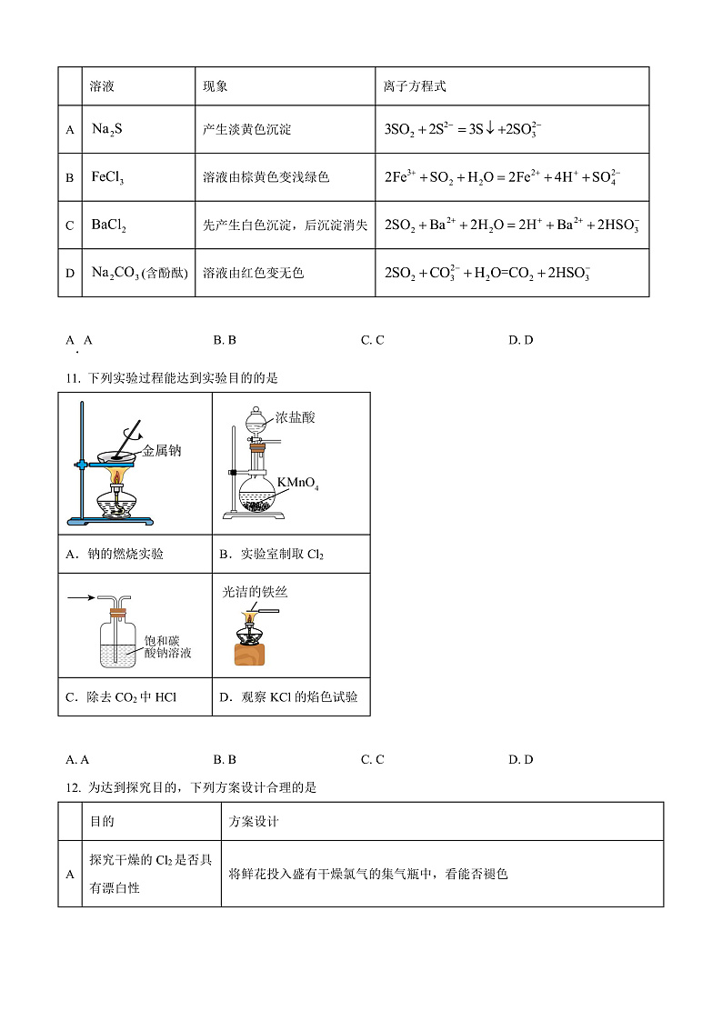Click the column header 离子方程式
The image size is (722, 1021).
(416, 86)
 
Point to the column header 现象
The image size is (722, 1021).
(216, 86)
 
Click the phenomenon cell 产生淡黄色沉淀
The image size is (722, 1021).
(246, 129)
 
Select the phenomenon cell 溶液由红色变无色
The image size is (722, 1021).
(253, 273)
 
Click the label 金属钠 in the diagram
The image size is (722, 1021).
(162, 450)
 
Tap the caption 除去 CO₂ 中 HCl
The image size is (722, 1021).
(120, 697)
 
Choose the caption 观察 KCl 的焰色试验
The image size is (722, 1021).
(288, 697)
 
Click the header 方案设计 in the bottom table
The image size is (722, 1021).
(254, 821)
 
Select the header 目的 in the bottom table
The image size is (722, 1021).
(102, 821)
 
